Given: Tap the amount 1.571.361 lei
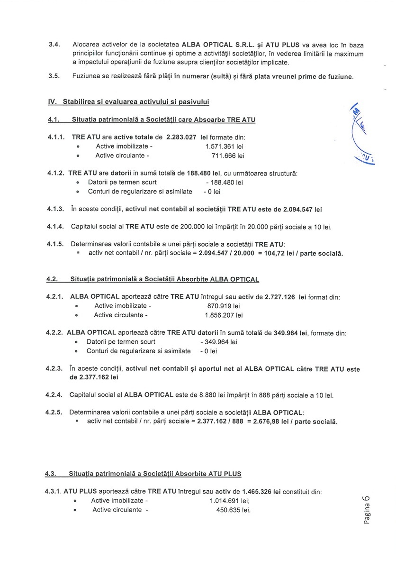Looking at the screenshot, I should coord(221,147).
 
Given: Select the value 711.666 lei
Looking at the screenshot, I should coord(227,156).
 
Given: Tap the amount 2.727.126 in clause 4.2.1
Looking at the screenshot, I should coord(275,297).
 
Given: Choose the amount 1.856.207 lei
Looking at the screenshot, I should coord(224,315).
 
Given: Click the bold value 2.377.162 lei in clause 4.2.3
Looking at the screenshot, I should coord(94,378).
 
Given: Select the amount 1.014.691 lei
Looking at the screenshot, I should coord(230,501).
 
